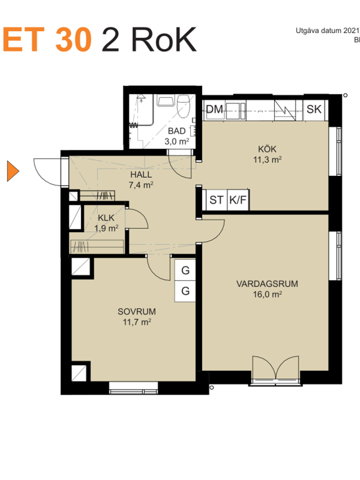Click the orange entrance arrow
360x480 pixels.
click(x=13, y=171)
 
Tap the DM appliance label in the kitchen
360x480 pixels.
click(x=215, y=109)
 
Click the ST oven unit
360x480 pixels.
click(x=217, y=200)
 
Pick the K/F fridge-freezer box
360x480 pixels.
click(x=238, y=200)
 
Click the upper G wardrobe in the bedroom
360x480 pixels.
click(x=185, y=270)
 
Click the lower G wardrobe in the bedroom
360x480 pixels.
click(x=185, y=291)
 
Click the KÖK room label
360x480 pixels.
click(x=267, y=149)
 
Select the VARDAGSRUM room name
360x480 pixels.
click(x=267, y=284)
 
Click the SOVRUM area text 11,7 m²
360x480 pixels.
click(x=137, y=322)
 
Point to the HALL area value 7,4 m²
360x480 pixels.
click(x=141, y=185)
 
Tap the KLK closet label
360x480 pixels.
click(x=106, y=218)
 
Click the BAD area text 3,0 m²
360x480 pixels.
click(x=177, y=142)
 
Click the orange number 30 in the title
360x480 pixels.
click(x=73, y=40)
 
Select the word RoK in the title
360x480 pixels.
click(x=163, y=40)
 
